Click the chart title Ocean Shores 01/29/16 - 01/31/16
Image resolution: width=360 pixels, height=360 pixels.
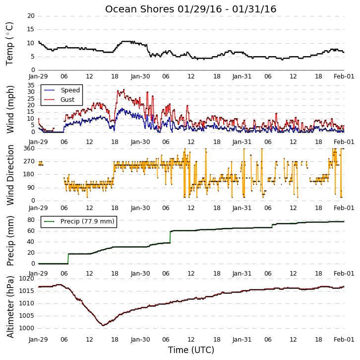pos(190,9)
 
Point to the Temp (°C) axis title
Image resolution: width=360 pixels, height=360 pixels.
pos(9,44)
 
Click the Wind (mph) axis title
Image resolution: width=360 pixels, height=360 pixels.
pos(10,109)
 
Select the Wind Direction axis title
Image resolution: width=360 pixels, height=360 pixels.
pos(10,175)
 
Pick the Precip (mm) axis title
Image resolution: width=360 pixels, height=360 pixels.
pos(10,241)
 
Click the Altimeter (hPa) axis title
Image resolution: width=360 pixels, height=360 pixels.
pos(10,307)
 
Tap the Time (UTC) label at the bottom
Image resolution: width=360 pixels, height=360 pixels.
pos(191,350)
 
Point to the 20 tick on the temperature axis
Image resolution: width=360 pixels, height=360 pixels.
pos(31,16)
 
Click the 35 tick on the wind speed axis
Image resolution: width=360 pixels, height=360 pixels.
pos(31,85)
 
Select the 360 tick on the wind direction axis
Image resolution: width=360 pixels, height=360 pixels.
pos(29,148)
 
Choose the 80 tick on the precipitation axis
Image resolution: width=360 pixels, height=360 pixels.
pos(31,220)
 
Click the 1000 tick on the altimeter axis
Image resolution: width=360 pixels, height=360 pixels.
pos(26,328)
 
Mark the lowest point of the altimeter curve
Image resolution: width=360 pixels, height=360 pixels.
pos(103,325)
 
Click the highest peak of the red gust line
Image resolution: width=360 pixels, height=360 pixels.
pos(124,90)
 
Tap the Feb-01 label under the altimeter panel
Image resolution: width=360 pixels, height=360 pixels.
pos(344,340)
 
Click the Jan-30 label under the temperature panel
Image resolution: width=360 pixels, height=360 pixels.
pos(140,76)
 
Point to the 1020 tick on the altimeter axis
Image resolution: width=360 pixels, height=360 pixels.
pos(26,279)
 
